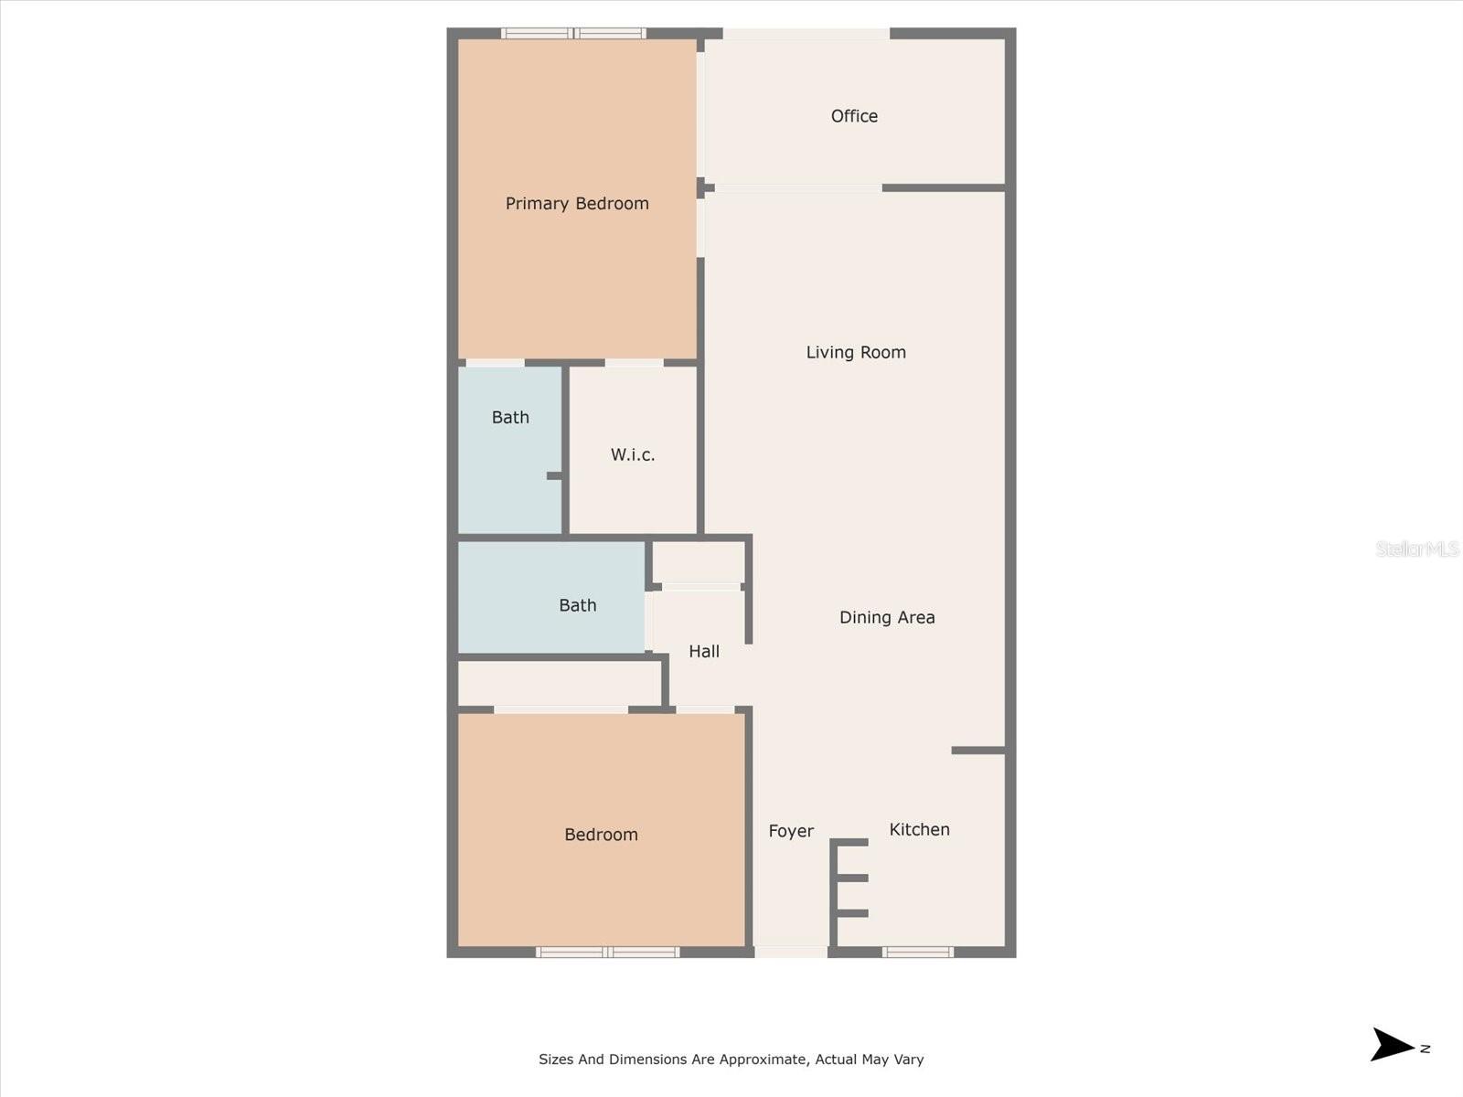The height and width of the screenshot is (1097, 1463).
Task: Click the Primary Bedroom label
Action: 577,204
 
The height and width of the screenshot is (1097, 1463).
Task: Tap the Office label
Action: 854,116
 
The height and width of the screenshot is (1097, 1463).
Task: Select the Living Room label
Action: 856,352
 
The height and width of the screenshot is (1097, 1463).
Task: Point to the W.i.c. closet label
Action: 633,454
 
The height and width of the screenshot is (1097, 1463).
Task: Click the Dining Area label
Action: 887,617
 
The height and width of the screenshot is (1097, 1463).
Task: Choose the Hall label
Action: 704,651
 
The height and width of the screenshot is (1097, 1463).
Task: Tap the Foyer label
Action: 791,831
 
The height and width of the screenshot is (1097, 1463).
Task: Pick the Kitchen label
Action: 919,829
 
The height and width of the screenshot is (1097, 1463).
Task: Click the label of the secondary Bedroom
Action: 601,835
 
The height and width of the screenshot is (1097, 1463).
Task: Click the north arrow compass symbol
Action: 1394,1045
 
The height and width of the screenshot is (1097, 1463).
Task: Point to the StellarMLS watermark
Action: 1416,548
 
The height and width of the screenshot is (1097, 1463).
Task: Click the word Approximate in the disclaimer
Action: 761,1060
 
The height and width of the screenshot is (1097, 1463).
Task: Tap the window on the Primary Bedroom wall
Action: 574,34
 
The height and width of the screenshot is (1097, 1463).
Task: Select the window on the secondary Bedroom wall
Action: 607,953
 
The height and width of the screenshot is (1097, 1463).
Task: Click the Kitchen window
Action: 918,953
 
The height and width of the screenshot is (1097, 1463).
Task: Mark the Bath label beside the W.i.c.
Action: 510,418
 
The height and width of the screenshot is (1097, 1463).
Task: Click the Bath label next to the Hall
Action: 577,605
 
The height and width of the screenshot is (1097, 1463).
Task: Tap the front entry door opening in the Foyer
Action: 791,952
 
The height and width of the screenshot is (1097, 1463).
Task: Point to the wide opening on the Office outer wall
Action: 806,34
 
